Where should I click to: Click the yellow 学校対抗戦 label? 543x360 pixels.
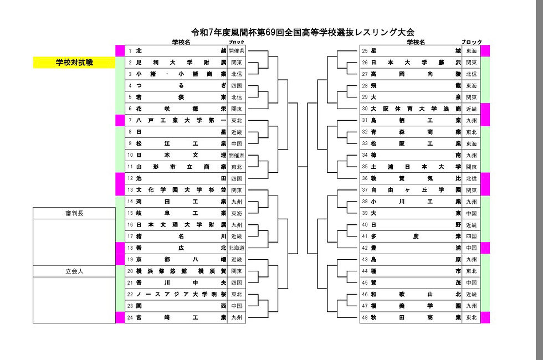point(74,63)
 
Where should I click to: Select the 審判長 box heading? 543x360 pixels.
point(74,213)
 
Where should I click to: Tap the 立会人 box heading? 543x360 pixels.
point(74,271)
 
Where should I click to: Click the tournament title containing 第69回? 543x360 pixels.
point(303,32)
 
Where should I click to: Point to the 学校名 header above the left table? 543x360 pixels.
point(181,42)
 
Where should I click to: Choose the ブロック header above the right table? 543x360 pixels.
point(472,42)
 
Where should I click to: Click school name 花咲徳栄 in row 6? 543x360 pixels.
point(181,109)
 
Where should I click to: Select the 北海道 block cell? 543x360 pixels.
point(237,248)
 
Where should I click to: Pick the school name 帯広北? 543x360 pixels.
point(181,248)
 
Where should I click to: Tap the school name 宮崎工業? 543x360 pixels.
point(181,318)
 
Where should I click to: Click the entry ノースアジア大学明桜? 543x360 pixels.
point(181,295)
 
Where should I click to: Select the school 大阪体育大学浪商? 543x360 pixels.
point(416,109)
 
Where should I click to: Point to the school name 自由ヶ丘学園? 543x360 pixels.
point(416,190)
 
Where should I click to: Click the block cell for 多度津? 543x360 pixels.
point(472,236)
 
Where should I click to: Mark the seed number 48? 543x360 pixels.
point(365,318)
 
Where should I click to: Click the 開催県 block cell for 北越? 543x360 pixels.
point(237,51)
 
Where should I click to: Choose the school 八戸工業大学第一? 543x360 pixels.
point(181,120)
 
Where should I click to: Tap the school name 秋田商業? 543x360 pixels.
point(416,318)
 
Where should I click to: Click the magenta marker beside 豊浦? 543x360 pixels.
point(485,248)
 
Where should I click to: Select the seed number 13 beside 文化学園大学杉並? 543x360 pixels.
point(130,190)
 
